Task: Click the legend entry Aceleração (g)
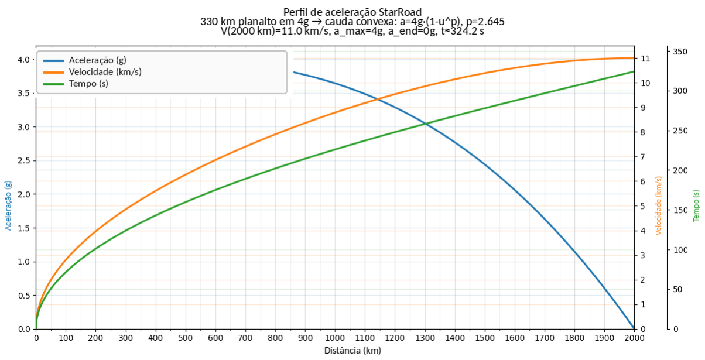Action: coord(98,60)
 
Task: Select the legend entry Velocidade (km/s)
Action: coord(105,72)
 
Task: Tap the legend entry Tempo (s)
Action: coord(88,84)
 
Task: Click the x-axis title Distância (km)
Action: coord(352,351)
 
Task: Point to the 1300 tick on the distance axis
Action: coord(425,338)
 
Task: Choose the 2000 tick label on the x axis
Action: coord(634,338)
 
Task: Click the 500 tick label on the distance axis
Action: coord(185,338)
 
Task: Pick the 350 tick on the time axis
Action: coord(680,52)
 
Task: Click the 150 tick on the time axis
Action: coord(680,210)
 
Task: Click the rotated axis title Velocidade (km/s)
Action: coord(659,205)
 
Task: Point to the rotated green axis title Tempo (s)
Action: coord(696,205)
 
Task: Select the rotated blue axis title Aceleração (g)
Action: coord(8,205)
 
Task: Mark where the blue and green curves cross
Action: coord(426,124)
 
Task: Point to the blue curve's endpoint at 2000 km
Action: coord(634,329)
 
